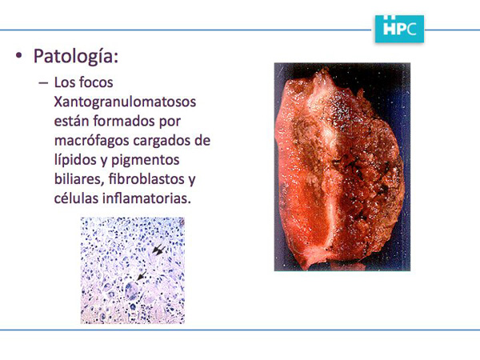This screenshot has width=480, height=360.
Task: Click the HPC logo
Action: pos(399,29)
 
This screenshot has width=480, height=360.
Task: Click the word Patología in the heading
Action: pos(76,57)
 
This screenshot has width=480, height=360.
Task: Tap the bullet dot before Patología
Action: pos(19,55)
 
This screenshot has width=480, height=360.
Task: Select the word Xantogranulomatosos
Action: pos(125,102)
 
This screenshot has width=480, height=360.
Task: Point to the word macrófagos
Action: pos(91,141)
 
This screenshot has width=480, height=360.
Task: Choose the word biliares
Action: pos(78,179)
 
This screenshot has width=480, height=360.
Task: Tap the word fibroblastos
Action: pos(146,179)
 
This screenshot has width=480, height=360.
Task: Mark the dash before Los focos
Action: pos(43,82)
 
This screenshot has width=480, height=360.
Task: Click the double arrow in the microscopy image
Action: pos(159,250)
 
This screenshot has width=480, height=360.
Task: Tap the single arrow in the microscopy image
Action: pos(141,275)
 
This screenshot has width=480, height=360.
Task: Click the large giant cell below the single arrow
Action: pos(132,290)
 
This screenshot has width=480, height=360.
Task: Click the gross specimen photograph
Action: pos(342,167)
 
